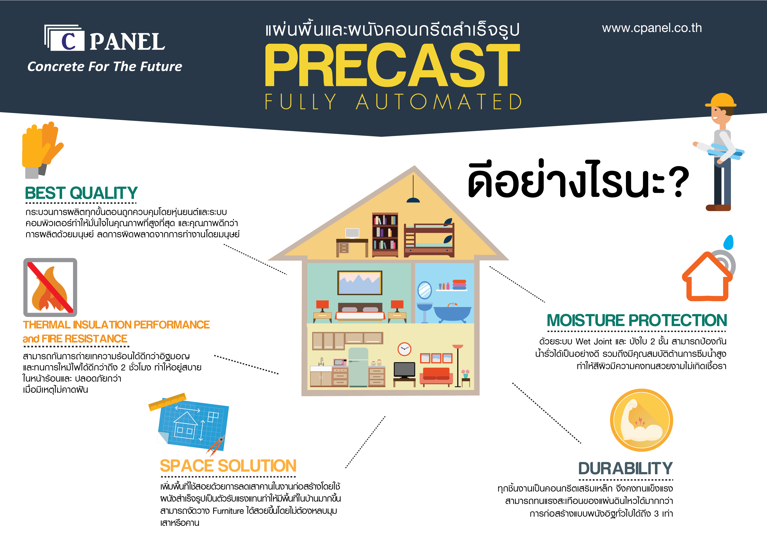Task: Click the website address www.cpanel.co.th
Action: click(652, 28)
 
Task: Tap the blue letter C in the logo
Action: click(68, 41)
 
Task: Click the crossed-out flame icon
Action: click(50, 287)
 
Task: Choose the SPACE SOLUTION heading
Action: click(228, 466)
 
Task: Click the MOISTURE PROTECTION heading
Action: click(637, 320)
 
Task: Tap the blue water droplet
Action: click(728, 242)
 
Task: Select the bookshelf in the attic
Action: click(385, 235)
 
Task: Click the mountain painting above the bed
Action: click(360, 283)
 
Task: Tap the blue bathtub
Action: click(452, 313)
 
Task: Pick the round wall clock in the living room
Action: click(404, 349)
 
